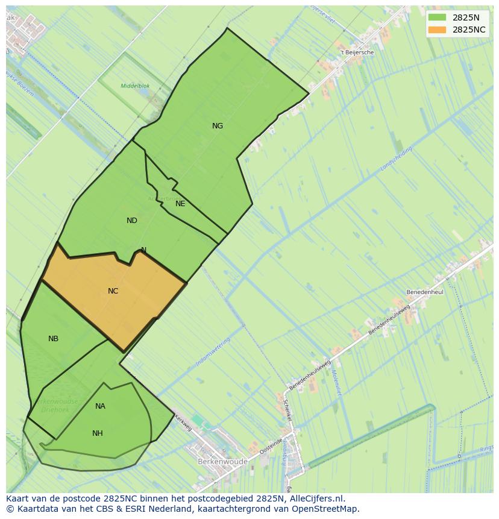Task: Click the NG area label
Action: (218, 126)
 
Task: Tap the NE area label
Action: (180, 204)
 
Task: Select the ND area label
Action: (132, 221)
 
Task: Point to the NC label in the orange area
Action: (113, 291)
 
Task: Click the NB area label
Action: (54, 339)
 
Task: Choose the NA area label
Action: (100, 406)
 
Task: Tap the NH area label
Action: (98, 433)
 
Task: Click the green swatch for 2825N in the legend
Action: (438, 17)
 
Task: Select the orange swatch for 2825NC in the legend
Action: (438, 30)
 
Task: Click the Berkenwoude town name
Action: (222, 462)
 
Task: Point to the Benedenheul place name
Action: (424, 292)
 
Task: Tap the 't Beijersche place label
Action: (357, 52)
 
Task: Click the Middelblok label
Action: (135, 86)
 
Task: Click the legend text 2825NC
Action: (469, 30)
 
